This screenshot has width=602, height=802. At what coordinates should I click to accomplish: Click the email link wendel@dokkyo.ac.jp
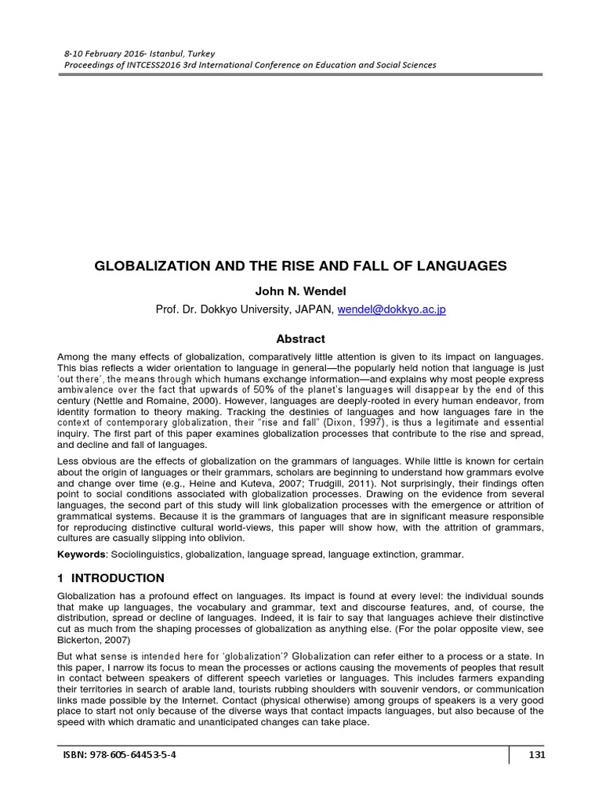(x=392, y=309)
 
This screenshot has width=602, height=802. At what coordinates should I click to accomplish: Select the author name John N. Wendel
(x=300, y=291)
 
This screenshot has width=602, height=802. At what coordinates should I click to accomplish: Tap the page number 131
(x=537, y=755)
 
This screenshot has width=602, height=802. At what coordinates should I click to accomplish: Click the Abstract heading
(x=300, y=339)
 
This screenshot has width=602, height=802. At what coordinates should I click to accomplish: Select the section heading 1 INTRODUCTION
(x=111, y=578)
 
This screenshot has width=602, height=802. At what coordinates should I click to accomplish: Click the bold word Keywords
(x=81, y=555)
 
